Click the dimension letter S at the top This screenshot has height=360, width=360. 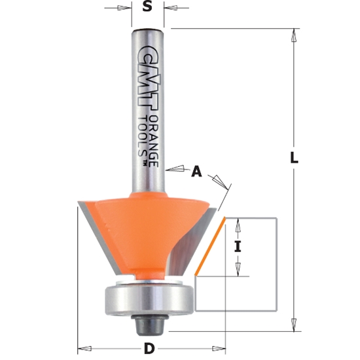pos(147,9)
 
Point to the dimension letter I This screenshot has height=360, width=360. pos(240,247)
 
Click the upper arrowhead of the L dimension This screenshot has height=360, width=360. pos(294,34)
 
